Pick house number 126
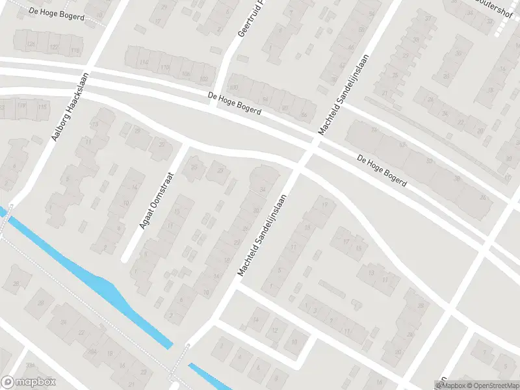coord(31,44)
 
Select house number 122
coord(53,47)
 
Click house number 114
coord(144,62)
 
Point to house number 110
coord(165,68)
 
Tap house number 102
coord(204,79)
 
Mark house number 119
coord(22,105)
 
